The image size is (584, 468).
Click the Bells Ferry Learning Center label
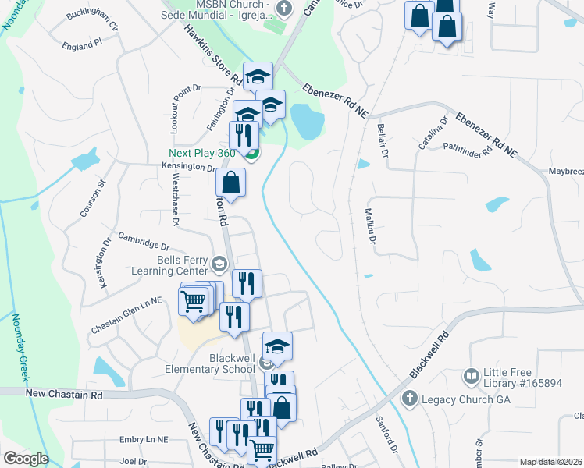coord(174,265)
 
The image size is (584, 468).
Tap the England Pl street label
coord(83,46)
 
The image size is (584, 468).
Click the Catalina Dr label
coord(432,133)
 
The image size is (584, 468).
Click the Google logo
coord(27,459)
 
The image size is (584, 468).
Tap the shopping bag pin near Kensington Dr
coord(231,184)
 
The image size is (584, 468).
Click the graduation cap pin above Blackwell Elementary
coord(277,346)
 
